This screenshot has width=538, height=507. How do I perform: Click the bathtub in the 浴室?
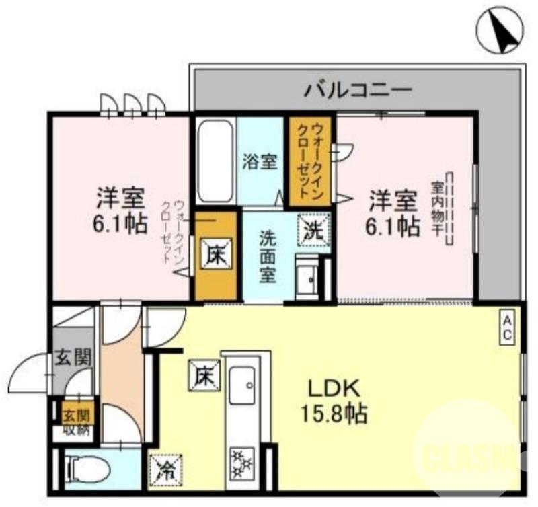click(x=215, y=161)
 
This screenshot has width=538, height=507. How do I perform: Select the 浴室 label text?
click(x=260, y=162)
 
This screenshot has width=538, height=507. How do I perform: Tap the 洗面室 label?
click(x=268, y=256)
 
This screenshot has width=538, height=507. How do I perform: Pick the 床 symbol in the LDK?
click(x=202, y=374)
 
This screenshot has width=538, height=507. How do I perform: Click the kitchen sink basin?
click(x=243, y=387)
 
